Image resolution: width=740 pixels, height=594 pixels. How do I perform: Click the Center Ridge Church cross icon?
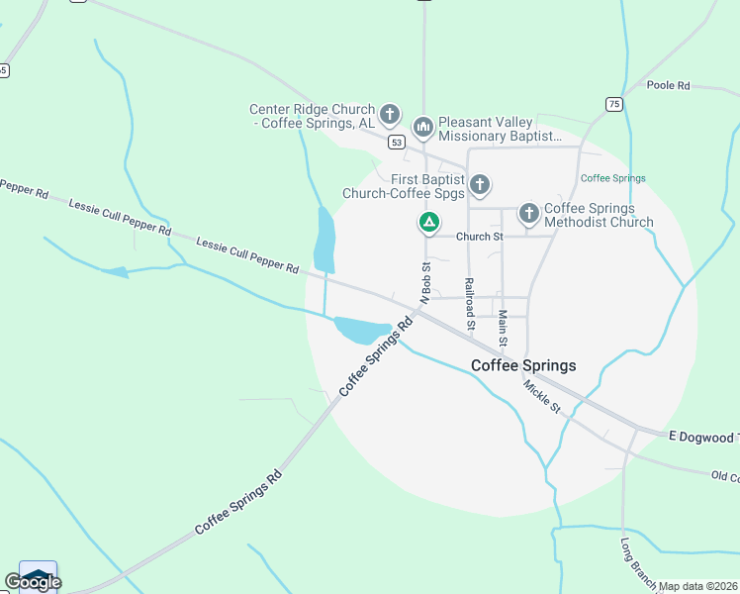tap(390, 114)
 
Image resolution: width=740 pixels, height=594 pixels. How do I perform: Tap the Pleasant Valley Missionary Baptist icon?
tap(423, 127)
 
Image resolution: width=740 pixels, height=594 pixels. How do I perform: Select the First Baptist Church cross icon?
tap(480, 184)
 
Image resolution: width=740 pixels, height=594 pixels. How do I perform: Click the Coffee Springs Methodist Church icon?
tap(528, 213)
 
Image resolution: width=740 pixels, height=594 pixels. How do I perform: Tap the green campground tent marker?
tap(428, 223)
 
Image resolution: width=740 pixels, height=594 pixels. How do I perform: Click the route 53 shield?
tap(397, 143)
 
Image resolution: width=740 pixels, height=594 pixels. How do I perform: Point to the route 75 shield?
tap(614, 104)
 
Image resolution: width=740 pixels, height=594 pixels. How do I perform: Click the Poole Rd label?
tap(668, 86)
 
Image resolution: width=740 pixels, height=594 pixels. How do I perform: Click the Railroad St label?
tap(471, 303)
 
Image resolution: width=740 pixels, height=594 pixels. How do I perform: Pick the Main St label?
tap(503, 328)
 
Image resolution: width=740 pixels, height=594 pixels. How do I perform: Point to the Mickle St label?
tap(542, 396)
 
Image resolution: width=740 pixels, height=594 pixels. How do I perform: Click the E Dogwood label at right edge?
tap(702, 438)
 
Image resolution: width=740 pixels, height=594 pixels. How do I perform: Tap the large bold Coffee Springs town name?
tap(523, 365)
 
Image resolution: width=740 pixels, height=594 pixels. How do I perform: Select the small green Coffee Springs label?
tap(612, 179)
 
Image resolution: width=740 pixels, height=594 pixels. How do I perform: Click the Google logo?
tap(32, 581)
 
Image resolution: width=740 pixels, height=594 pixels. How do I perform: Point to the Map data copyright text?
tap(698, 586)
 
